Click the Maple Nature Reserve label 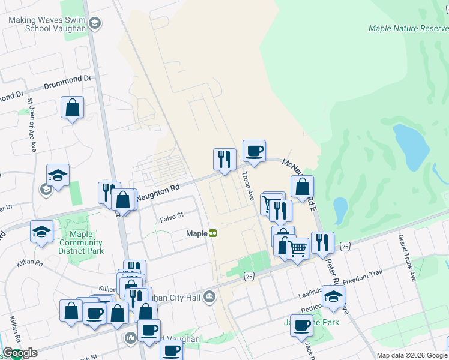[x=408, y=28]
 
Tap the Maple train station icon [x=212, y=233]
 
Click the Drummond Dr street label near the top [x=70, y=79]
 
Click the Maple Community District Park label [x=86, y=242]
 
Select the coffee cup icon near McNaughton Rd [x=253, y=151]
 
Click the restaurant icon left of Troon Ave [x=224, y=160]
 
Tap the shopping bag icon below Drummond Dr [x=72, y=108]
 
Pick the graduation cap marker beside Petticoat [x=333, y=296]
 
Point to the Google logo [x=20, y=353]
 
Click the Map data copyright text [x=412, y=355]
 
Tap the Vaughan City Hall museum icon [x=209, y=296]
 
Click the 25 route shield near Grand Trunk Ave [x=345, y=246]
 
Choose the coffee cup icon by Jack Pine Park [x=301, y=326]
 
